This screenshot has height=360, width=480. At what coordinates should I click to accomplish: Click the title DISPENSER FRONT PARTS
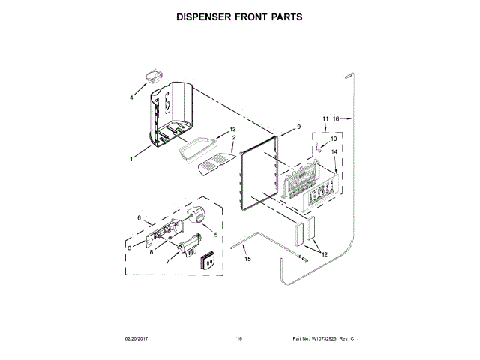[239, 16]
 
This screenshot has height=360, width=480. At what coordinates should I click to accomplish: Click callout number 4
[132, 97]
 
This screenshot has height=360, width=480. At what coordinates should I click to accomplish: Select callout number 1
[131, 159]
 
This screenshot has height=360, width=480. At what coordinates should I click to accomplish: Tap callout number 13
[222, 130]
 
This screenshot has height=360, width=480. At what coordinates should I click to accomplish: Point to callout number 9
[298, 128]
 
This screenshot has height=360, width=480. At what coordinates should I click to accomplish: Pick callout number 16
[337, 118]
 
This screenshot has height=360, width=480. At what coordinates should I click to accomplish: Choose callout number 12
[325, 254]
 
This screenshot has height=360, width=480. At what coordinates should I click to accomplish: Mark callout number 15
[248, 259]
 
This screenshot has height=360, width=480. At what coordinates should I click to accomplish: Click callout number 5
[216, 234]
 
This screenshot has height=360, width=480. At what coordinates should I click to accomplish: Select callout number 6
[139, 218]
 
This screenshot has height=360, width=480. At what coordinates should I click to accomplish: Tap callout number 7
[167, 262]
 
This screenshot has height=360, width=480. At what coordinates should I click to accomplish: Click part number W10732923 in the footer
[327, 340]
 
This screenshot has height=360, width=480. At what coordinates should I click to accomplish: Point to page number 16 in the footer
[240, 340]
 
